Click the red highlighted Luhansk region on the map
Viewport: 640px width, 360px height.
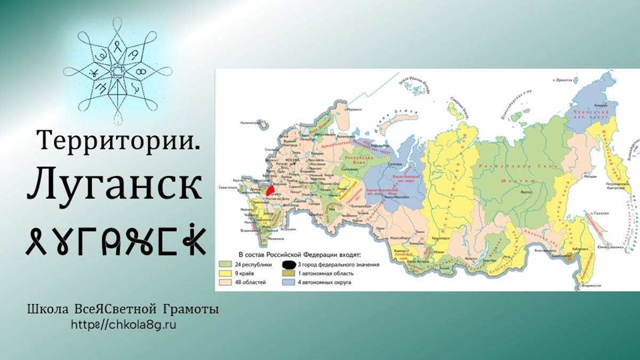270,189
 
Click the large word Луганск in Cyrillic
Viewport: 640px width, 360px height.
115,185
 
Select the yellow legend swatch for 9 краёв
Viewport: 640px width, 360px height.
225,273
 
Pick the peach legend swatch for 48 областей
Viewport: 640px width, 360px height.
225,282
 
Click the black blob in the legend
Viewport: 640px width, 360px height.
289,264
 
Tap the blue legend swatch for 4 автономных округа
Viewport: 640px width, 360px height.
289,282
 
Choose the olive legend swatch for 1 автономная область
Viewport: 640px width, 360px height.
289,273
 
